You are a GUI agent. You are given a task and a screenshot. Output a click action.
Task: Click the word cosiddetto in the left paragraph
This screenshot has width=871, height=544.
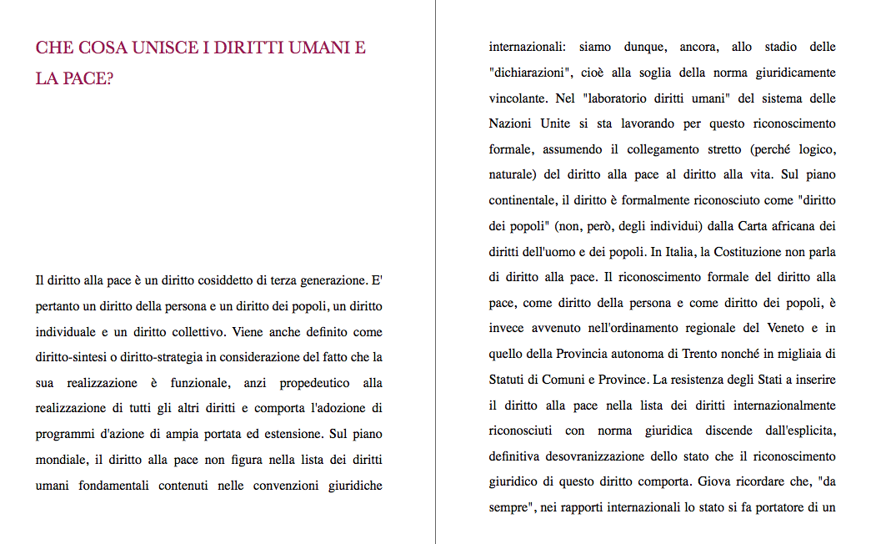click(228, 280)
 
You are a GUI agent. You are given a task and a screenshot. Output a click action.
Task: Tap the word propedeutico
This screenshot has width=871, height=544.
click(304, 383)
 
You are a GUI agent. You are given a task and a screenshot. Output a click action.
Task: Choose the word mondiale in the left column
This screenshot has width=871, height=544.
click(58, 461)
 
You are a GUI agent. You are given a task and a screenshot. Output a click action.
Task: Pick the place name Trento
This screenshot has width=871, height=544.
click(700, 355)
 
